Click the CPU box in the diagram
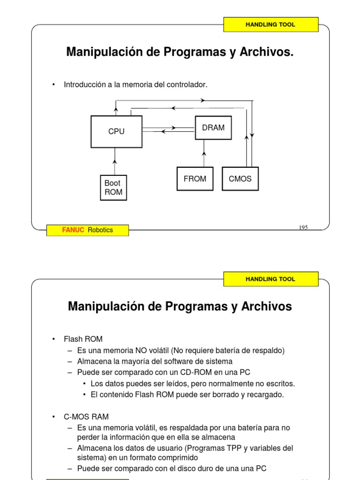point(116,132)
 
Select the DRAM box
point(213,127)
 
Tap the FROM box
point(195,179)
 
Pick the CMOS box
point(240,179)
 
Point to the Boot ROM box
point(113,187)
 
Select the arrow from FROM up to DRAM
point(204,153)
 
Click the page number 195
point(303,227)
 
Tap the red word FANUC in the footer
point(73,230)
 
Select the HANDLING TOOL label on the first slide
point(270,24)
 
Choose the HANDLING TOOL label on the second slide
point(270,279)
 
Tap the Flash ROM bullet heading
point(83,339)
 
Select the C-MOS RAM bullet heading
point(86,416)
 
